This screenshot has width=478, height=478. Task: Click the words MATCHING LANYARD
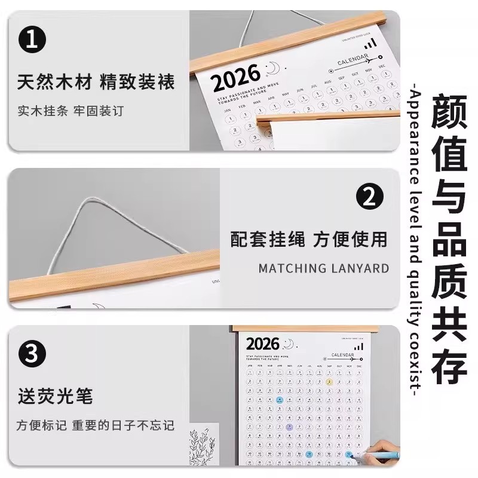click(x=323, y=268)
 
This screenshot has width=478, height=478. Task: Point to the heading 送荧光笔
click(x=55, y=396)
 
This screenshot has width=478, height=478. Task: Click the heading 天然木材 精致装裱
click(x=96, y=82)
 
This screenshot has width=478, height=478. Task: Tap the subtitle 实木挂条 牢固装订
click(x=70, y=111)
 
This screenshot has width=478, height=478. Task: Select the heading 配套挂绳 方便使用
click(x=309, y=239)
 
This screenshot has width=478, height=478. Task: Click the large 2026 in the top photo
click(x=235, y=77)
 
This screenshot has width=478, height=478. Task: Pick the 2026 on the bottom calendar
click(x=262, y=344)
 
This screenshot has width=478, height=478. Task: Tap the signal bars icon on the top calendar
click(x=371, y=43)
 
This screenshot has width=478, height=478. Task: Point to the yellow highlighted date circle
click(x=329, y=382)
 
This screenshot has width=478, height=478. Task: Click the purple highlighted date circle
click(x=289, y=427)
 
